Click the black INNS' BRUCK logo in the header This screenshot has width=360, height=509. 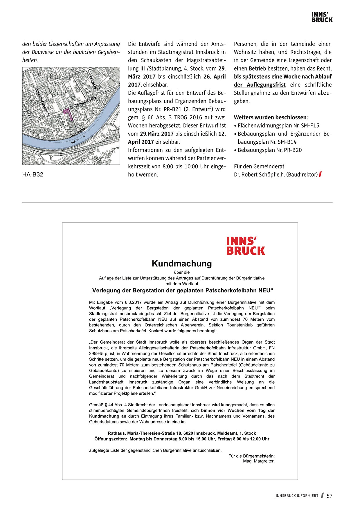point(322,17)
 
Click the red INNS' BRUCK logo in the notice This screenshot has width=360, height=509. point(246,246)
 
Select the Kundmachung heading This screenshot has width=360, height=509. point(182,263)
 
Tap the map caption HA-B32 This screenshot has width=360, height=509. point(33,174)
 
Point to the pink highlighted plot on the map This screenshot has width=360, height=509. point(68,113)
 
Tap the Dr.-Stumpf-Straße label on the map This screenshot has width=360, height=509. point(83,103)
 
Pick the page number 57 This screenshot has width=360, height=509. point(330,496)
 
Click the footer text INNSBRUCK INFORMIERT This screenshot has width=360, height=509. point(297,496)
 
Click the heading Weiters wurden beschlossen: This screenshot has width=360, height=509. point(271,118)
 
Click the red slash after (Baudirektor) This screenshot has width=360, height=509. point(320,174)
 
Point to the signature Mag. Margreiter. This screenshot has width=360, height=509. point(259,461)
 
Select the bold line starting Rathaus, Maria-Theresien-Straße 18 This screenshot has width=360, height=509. point(182,433)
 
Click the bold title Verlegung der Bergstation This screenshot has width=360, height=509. point(182,290)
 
